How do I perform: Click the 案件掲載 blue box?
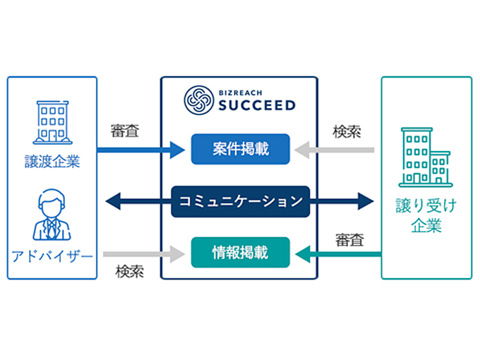point(240,150)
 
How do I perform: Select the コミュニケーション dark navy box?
point(240,200)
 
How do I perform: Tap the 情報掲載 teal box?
point(240,251)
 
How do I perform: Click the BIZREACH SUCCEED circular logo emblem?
point(197,100)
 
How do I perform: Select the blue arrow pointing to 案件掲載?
point(141,150)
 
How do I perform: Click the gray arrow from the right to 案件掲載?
point(336,150)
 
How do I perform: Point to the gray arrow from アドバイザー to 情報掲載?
point(141,251)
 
